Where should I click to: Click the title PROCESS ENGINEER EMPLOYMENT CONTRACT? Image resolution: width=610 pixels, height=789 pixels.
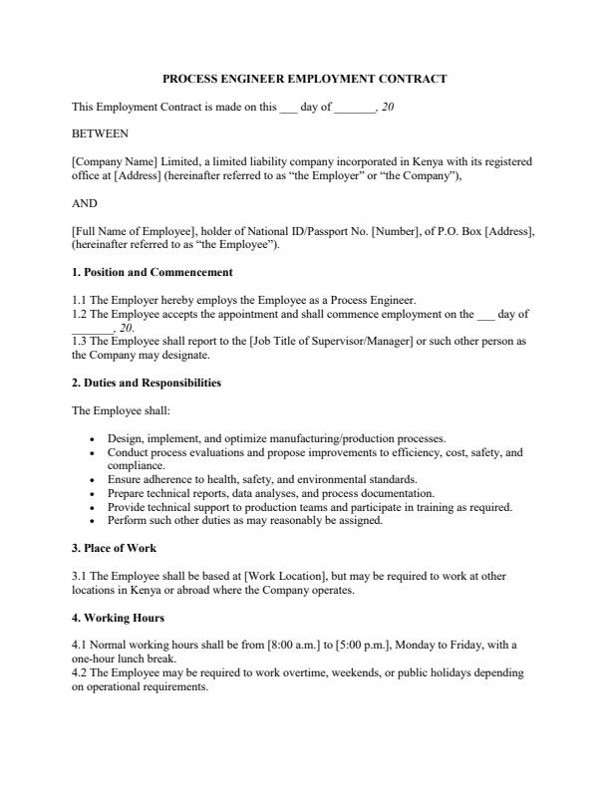point(304,79)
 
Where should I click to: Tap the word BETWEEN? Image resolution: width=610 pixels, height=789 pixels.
point(100,132)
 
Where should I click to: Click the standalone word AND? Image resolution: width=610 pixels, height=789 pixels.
point(85,203)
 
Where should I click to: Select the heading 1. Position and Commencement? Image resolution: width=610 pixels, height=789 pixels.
point(152,272)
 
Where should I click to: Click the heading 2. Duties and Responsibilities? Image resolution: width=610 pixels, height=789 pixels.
point(147,383)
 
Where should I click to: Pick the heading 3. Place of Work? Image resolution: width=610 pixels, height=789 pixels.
point(115,548)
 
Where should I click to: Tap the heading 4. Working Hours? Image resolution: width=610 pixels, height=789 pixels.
point(119,618)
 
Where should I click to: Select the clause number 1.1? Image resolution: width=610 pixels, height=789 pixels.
point(80,300)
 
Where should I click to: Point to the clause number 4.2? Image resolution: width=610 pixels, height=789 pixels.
point(80,673)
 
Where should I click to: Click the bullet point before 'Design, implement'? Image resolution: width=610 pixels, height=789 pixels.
point(92,438)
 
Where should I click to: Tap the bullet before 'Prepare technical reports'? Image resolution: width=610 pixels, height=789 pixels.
point(92,493)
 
